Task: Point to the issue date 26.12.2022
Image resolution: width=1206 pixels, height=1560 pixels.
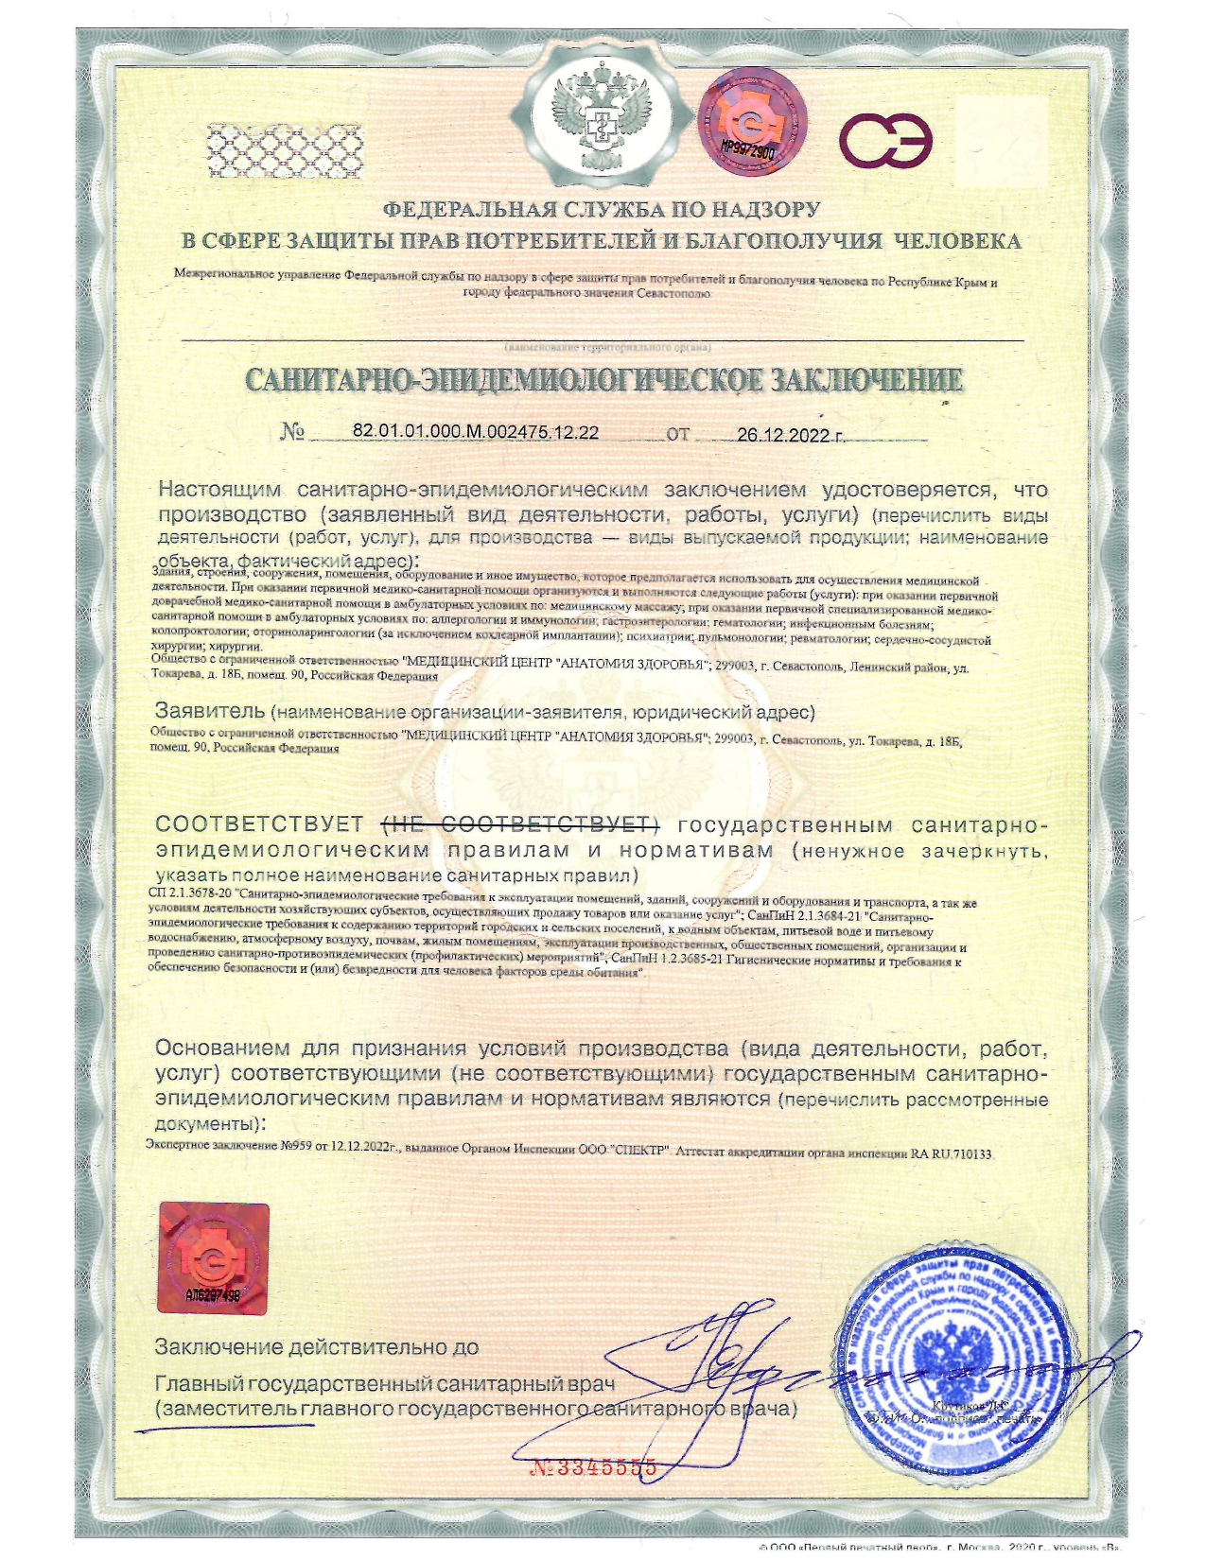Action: [x=789, y=435]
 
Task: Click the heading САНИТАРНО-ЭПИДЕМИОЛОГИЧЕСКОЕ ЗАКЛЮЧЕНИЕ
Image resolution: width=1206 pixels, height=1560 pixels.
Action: [x=603, y=380]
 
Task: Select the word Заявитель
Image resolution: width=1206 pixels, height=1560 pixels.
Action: [x=208, y=711]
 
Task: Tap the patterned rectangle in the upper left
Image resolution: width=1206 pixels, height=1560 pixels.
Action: [x=283, y=147]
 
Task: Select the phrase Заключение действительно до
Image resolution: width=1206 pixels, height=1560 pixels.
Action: [x=317, y=1346]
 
